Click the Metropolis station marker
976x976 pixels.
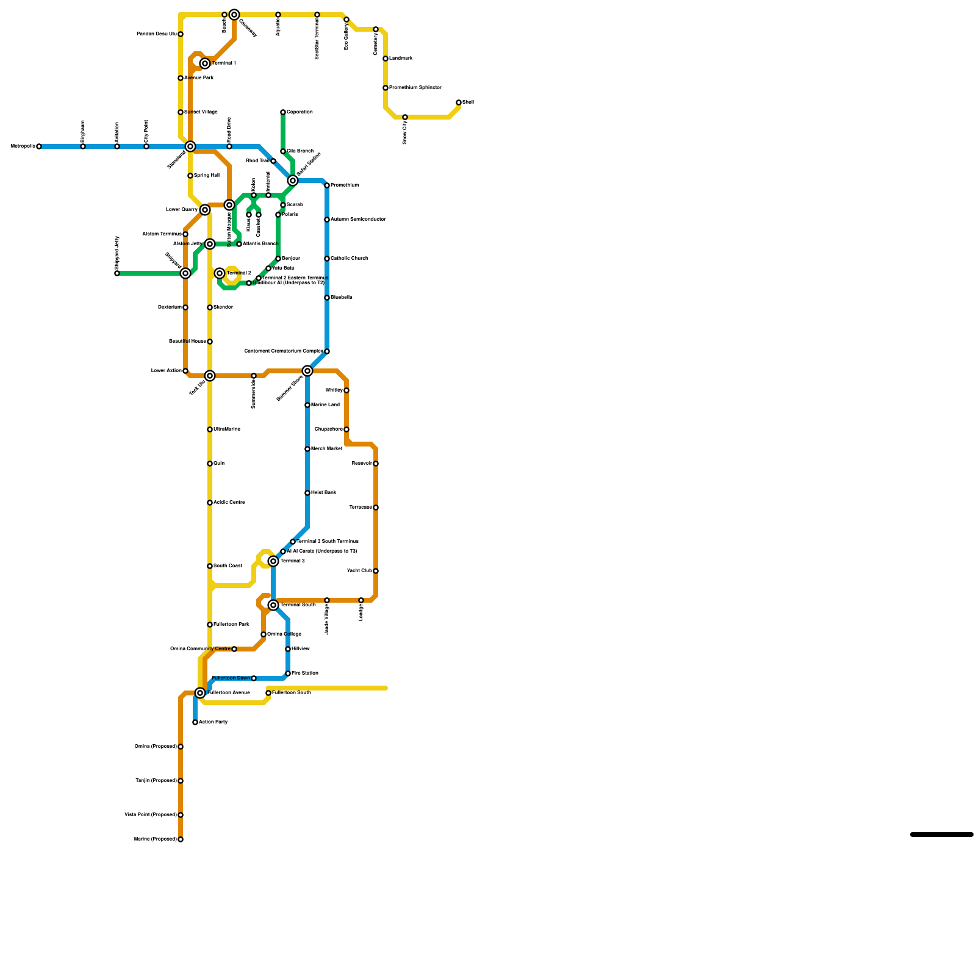pos(39,146)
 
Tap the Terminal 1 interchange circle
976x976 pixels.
pos(205,63)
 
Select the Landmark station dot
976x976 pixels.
pos(386,59)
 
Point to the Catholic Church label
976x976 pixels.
pos(350,259)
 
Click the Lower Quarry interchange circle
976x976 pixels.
pos(205,210)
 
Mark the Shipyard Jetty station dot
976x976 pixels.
pos(117,273)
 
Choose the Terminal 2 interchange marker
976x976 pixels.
pos(220,273)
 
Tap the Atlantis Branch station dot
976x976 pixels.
pos(239,244)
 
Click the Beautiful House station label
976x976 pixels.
pos(187,342)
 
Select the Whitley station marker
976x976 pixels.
pos(346,390)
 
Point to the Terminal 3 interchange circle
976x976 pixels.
pos(273,561)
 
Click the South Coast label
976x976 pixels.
pos(228,566)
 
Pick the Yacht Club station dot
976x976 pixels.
pos(376,571)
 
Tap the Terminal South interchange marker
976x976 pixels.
pos(273,605)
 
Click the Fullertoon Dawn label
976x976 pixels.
pos(231,678)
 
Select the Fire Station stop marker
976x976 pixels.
pos(288,673)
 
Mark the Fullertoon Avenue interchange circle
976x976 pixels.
pos(200,693)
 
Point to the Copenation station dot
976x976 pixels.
pos(283,112)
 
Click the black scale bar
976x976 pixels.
pos(942,834)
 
